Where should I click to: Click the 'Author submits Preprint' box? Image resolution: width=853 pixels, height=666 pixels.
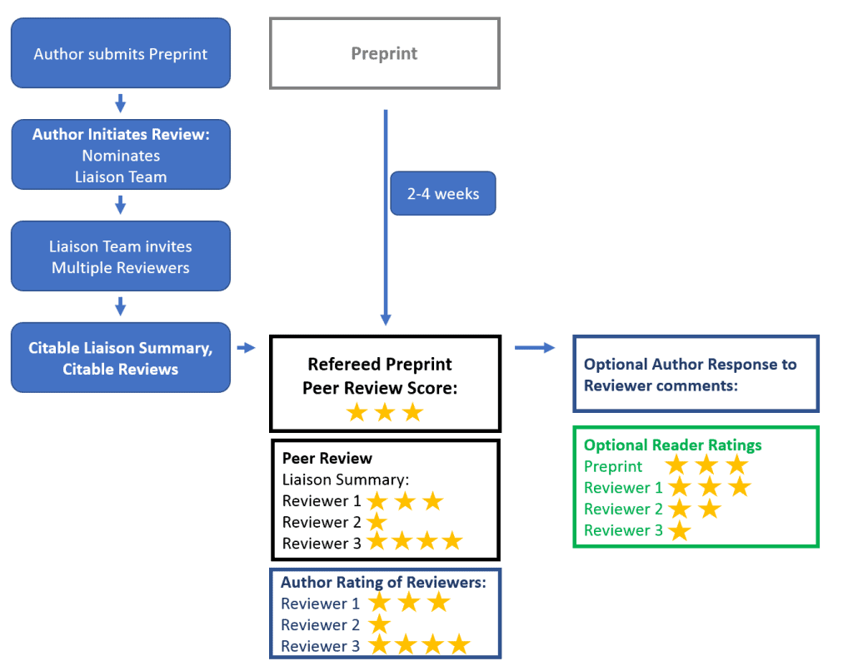(x=120, y=53)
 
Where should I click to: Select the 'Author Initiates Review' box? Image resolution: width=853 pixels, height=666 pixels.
(x=120, y=155)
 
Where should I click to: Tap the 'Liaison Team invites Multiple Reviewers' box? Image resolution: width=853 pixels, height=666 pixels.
(x=120, y=256)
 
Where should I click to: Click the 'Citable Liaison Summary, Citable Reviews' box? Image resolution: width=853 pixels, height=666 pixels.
(x=120, y=358)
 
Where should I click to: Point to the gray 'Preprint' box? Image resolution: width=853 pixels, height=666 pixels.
(x=384, y=53)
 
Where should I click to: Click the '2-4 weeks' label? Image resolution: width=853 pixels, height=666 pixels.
(x=443, y=193)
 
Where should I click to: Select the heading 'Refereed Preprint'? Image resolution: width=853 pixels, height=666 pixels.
(x=380, y=365)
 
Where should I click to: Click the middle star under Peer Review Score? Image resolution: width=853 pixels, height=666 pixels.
(x=384, y=412)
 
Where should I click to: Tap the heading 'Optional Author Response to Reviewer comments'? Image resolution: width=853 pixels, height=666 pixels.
(x=690, y=375)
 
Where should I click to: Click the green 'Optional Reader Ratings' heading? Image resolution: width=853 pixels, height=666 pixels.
(x=672, y=445)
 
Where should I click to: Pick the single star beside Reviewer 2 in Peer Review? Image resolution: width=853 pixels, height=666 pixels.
(x=377, y=522)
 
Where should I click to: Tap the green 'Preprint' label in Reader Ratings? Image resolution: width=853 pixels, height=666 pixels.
(x=613, y=466)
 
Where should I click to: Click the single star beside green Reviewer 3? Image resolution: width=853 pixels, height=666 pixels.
(x=680, y=530)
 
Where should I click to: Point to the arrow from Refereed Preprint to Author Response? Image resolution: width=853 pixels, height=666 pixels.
(x=535, y=347)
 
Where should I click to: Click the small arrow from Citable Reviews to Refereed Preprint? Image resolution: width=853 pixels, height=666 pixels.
(x=247, y=347)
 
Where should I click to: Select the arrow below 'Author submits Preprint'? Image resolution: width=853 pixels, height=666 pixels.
(x=120, y=103)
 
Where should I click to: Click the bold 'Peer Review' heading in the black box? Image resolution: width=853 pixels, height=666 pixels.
(x=327, y=458)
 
